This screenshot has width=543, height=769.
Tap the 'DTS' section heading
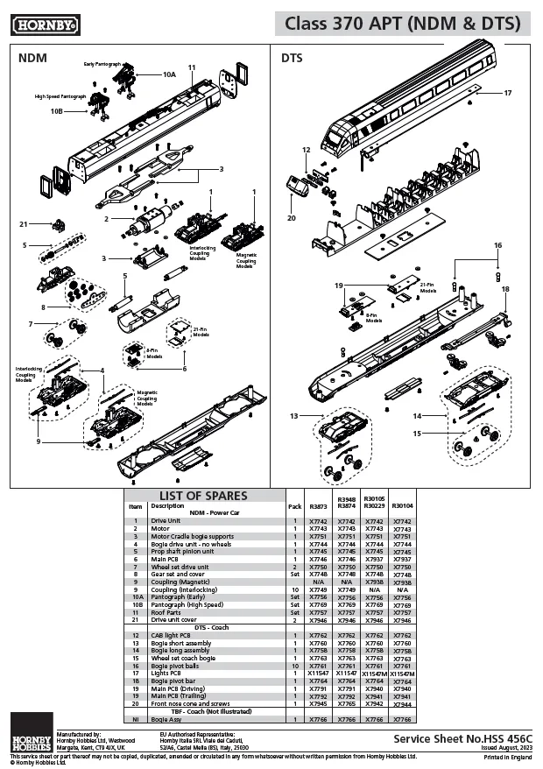292,59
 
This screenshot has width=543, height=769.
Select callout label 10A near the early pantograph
169,75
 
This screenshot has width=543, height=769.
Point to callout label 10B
56,111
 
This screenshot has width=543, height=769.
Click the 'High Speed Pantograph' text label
60,96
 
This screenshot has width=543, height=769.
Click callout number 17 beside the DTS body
507,92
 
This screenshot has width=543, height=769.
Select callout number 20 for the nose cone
292,218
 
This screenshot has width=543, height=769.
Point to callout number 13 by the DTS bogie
294,415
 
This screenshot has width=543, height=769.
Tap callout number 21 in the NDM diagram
24,224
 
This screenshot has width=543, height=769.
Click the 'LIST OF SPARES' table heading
203,496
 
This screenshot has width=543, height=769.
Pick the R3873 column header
318,506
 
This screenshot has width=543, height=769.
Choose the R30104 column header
402,506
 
